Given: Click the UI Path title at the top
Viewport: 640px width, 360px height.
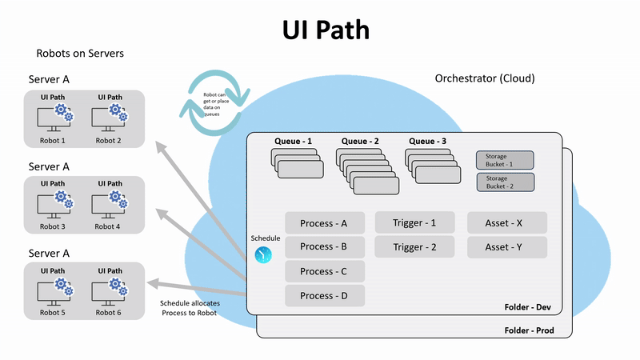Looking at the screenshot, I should pyautogui.click(x=326, y=30).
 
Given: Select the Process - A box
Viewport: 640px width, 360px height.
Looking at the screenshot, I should pyautogui.click(x=324, y=222).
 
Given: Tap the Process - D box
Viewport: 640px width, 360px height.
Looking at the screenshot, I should pyautogui.click(x=324, y=296).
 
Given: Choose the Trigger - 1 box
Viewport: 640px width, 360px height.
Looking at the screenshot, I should pyautogui.click(x=414, y=222).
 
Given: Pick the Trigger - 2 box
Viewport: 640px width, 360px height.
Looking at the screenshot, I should pyautogui.click(x=414, y=247).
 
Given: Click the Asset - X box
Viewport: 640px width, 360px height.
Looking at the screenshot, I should pyautogui.click(x=506, y=222).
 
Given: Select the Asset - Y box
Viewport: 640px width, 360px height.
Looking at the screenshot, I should pyautogui.click(x=506, y=247).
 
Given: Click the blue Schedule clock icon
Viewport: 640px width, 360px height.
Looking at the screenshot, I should pyautogui.click(x=264, y=254).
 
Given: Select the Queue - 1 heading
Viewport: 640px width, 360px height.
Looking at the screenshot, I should pyautogui.click(x=293, y=141).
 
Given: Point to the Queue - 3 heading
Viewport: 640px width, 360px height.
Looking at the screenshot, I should pyautogui.click(x=427, y=141).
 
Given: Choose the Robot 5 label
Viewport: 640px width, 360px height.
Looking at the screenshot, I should pyautogui.click(x=52, y=312).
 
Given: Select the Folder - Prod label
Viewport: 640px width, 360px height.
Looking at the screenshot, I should pyautogui.click(x=529, y=330).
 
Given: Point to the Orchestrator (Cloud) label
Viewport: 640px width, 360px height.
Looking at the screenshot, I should pyautogui.click(x=484, y=78).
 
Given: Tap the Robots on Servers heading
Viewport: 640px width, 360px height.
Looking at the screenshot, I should pyautogui.click(x=79, y=54).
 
